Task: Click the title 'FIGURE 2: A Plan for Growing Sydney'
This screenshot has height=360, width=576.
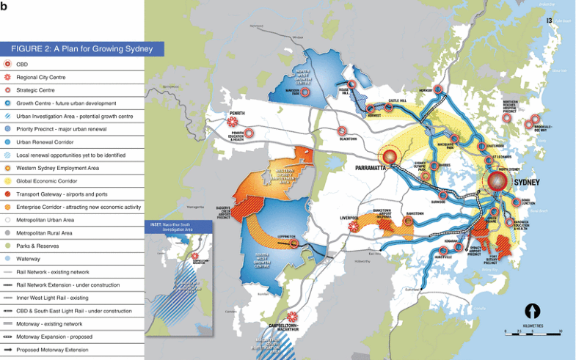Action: pos(81,49)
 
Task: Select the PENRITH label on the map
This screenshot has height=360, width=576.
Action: pos(237,114)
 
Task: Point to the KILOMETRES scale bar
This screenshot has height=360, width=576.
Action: pos(533,332)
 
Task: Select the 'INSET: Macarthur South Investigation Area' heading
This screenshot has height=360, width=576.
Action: pos(178,228)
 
